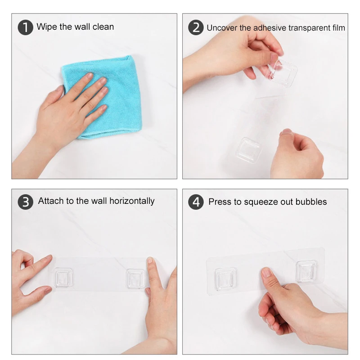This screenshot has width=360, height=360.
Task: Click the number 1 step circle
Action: point(26,27)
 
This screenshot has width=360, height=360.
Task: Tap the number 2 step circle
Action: point(196,27)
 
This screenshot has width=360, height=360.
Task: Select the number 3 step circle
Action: point(26,202)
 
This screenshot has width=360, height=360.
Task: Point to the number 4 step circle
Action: point(196,202)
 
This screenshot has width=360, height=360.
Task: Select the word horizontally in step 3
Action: point(132,201)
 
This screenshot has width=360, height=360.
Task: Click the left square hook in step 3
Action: point(63,277)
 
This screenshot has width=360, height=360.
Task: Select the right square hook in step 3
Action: point(136,279)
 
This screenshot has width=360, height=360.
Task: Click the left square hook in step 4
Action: point(225,279)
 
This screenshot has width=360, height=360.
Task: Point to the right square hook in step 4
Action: point(306,271)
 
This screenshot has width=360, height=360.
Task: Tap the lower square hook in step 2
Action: point(249,150)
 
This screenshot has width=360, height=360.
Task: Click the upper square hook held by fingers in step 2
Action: point(283,73)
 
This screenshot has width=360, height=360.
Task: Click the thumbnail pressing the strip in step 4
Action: point(266,272)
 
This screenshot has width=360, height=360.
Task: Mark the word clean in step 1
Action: point(103,27)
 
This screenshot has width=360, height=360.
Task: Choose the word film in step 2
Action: point(339,28)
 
